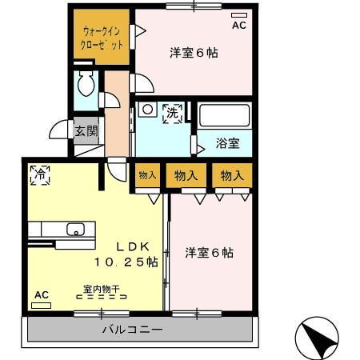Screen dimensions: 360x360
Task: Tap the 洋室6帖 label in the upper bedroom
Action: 194,54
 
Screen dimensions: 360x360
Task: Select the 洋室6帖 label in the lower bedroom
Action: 210,253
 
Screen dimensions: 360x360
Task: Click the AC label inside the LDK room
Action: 41,294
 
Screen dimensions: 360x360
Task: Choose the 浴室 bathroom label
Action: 228,144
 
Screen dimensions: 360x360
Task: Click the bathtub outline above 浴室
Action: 225,115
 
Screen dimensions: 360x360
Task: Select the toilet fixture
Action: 86,84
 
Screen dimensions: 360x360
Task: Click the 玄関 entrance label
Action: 86,130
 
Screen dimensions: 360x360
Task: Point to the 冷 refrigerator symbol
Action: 39,173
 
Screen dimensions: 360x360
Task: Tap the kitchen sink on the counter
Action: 74,230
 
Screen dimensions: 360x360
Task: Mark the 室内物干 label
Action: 100,289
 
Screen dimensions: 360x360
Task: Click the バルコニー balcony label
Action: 132,330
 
